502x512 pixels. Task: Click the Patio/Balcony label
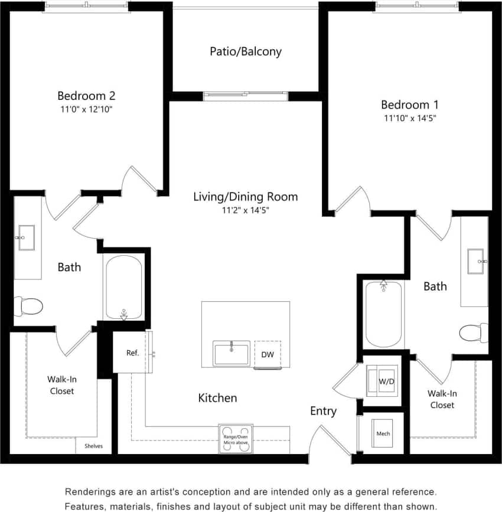(246, 51)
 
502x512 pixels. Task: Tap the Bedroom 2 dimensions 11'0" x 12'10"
(86, 109)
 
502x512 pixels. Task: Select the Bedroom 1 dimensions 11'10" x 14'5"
(410, 118)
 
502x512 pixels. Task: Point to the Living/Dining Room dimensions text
(245, 210)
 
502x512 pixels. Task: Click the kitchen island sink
(232, 354)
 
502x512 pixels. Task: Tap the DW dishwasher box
(267, 354)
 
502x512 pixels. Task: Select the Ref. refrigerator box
(132, 353)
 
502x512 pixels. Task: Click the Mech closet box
(383, 433)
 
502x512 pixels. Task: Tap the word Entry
(323, 411)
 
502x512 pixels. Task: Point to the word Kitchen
(217, 398)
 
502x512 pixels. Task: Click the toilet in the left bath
(28, 306)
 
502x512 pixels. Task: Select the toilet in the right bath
(474, 332)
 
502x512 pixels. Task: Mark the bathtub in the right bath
(383, 314)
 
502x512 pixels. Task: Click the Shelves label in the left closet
(93, 446)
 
